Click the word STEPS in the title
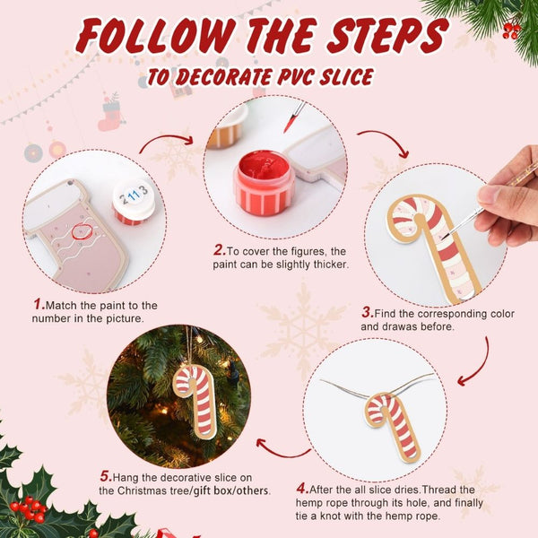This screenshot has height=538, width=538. [387, 36]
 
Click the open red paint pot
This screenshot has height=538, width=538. [264, 183]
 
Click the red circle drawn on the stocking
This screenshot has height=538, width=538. [82, 231]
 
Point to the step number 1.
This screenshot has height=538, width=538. [39, 304]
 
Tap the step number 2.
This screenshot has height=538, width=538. [220, 250]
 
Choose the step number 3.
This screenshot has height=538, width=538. [368, 313]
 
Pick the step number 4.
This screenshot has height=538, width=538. [303, 489]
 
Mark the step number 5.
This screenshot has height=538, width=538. [106, 476]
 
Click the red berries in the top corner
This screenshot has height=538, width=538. [511, 30]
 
